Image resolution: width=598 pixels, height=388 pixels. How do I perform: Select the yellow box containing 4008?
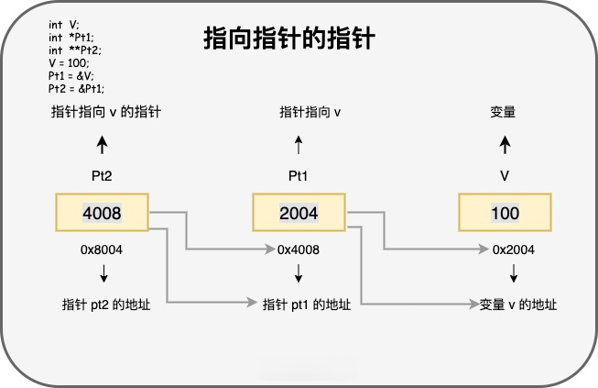click(103, 213)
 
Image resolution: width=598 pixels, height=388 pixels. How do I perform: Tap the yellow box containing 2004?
click(299, 213)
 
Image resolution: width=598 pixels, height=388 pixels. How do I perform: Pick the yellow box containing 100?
click(505, 213)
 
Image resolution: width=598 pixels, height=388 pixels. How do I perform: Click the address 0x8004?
click(103, 249)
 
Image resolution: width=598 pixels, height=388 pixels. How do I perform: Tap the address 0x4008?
click(299, 249)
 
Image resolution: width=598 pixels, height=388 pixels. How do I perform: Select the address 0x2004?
click(514, 249)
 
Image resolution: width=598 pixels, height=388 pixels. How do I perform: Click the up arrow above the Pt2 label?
click(103, 144)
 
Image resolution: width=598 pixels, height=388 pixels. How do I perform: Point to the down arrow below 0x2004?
click(514, 272)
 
